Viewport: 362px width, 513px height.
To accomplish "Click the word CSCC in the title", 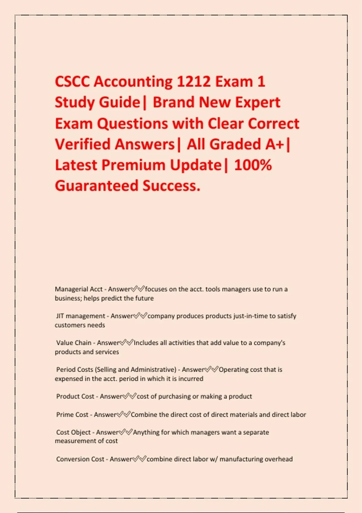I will pos(72,81).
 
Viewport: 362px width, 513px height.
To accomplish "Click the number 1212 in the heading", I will pos(193,81).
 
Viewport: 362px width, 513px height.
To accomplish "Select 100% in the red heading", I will pos(253,165).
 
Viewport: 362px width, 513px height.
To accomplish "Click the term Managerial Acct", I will pos(79,289).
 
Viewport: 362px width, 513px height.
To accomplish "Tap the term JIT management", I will pos(81,316).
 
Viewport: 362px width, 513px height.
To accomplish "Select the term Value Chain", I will pos(74,343).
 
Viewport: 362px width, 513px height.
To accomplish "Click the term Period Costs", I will pos(75,369).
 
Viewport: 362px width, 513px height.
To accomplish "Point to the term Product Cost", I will pos(75,396).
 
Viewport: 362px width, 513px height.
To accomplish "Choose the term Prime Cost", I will pos(72,415).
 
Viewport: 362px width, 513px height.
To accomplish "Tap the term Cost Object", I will pos(73,432).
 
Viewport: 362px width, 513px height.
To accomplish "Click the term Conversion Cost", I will pos(80,459).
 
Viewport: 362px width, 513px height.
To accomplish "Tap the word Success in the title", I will pos(171,185).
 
